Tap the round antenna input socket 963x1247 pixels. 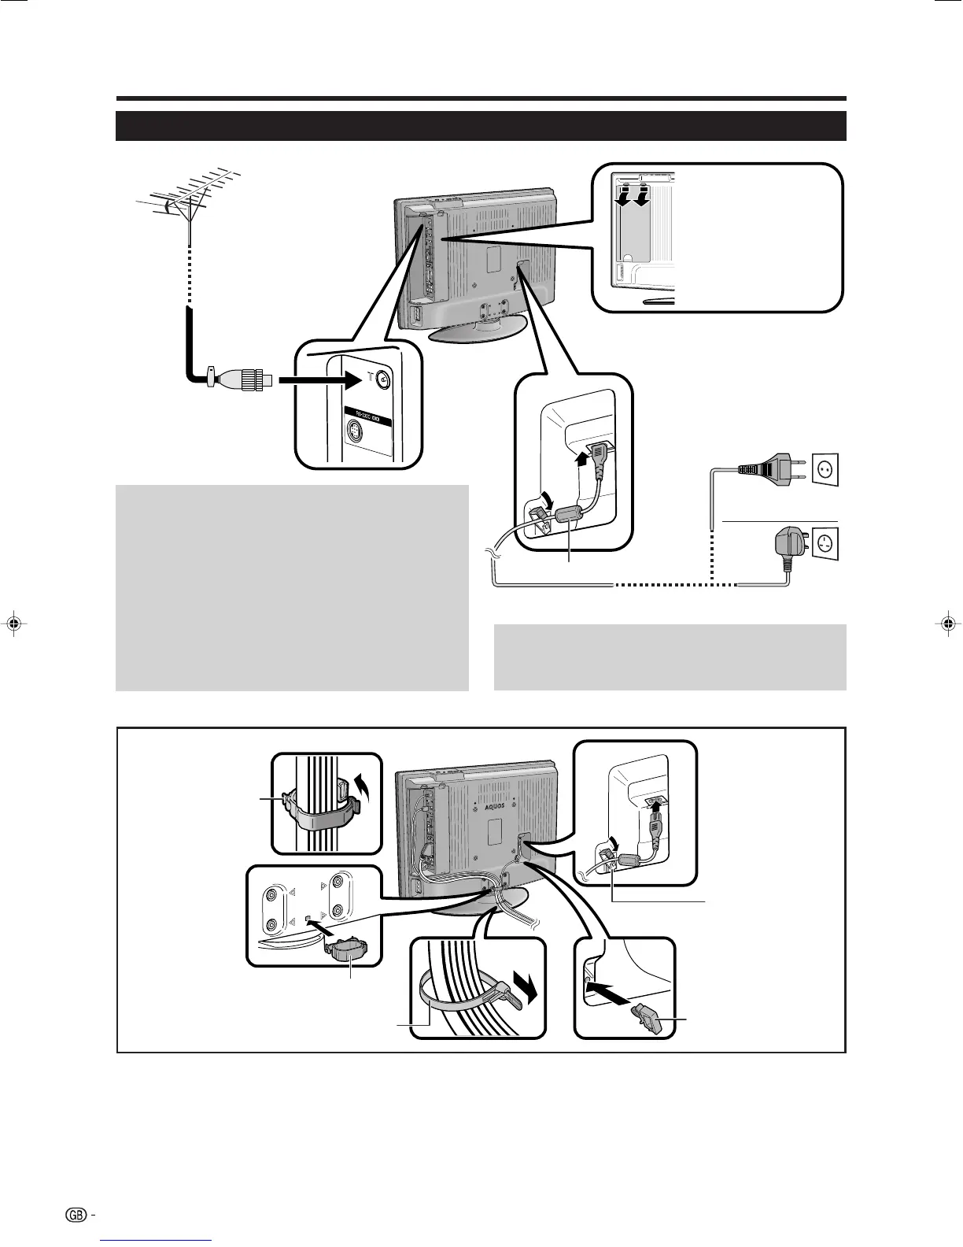click(x=383, y=379)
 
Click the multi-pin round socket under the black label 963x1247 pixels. click(x=356, y=431)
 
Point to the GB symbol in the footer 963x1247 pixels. click(x=76, y=1215)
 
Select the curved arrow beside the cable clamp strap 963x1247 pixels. click(x=363, y=786)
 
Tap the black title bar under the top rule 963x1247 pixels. click(x=481, y=126)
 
